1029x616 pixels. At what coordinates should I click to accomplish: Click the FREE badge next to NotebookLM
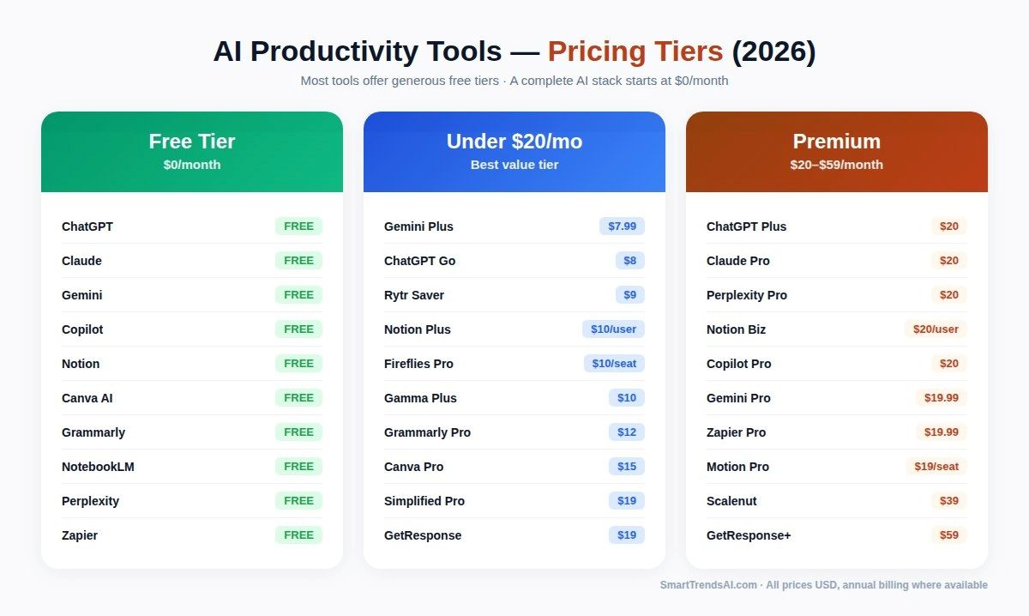tap(298, 467)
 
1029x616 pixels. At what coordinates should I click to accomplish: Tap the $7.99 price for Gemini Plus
tap(622, 226)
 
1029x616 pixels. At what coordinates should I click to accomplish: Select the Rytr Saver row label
tap(414, 295)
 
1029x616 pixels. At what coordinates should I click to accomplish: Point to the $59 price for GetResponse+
tap(948, 535)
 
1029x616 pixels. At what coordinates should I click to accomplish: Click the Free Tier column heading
tap(192, 142)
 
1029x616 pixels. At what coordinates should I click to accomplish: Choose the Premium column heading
tap(836, 142)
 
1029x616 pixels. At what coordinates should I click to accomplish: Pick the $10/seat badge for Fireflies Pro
tap(614, 364)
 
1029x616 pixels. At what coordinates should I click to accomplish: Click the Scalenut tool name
tap(731, 501)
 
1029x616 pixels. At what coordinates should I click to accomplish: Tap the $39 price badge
tap(948, 501)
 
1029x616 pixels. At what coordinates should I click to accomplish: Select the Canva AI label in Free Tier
tap(87, 398)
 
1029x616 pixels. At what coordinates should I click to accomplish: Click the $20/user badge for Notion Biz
tap(936, 329)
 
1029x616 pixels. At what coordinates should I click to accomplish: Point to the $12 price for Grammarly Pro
tap(627, 432)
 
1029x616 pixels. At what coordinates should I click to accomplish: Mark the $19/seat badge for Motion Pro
tap(936, 467)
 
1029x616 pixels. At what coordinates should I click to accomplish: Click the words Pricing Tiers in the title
tap(635, 51)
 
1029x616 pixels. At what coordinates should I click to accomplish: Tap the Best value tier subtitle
tap(514, 165)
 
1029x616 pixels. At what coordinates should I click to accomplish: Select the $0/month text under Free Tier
tap(192, 165)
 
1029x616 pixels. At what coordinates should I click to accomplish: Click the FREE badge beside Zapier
tap(298, 535)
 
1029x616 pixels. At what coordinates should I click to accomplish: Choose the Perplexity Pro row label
tap(747, 295)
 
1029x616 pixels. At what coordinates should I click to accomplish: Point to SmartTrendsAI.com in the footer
tap(708, 585)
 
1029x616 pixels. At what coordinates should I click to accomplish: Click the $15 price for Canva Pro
tap(627, 467)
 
